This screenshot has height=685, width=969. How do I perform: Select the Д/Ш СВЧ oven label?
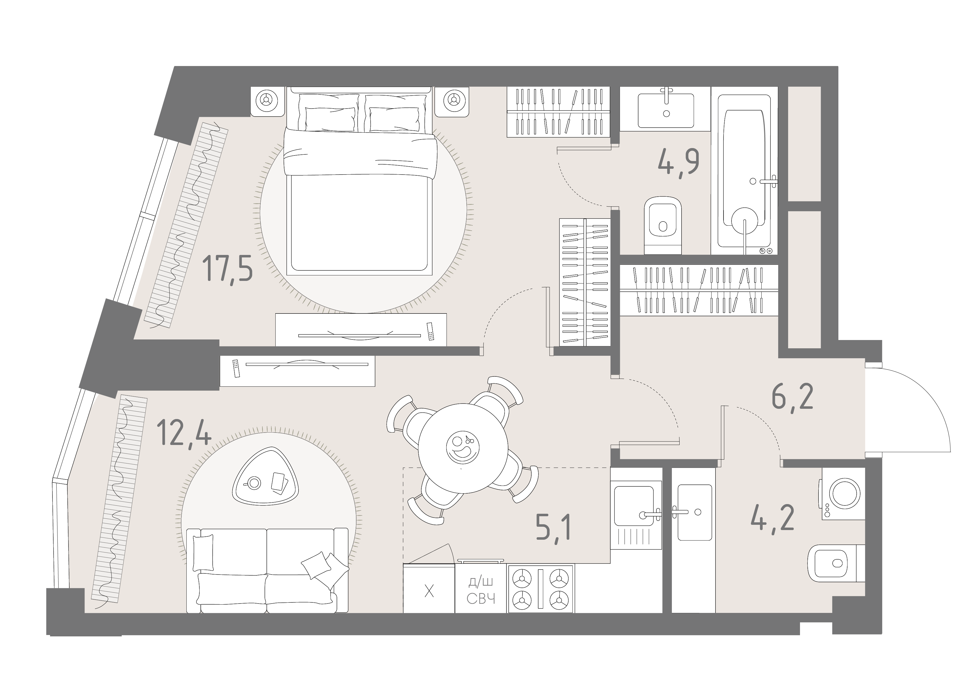point(481,591)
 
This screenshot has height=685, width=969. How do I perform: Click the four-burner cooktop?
point(541,589)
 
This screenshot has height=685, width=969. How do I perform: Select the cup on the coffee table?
point(254,483)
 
